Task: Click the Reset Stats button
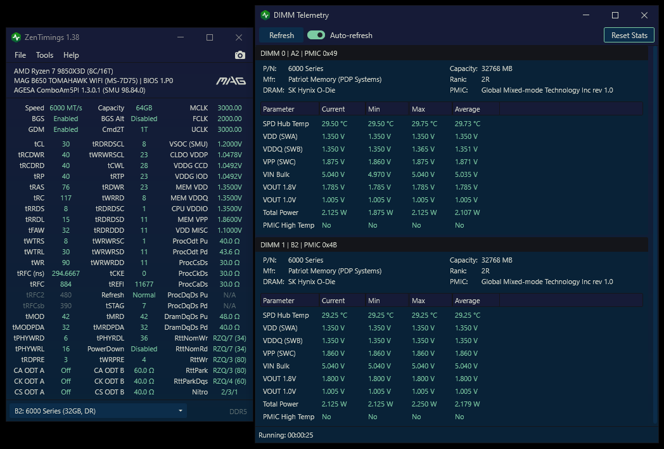pyautogui.click(x=629, y=35)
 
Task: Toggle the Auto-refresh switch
pyautogui.click(x=316, y=35)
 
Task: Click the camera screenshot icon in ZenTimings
pyautogui.click(x=239, y=55)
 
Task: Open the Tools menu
pyautogui.click(x=44, y=55)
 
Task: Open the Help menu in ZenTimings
pyautogui.click(x=71, y=55)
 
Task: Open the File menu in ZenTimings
pyautogui.click(x=20, y=55)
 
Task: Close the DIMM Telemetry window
pyautogui.click(x=644, y=15)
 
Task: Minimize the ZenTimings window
pyautogui.click(x=181, y=37)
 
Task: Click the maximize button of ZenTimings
pyautogui.click(x=210, y=37)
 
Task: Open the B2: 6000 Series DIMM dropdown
pyautogui.click(x=98, y=411)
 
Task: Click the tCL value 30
pyautogui.click(x=66, y=144)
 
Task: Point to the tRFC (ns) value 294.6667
pyautogui.click(x=66, y=273)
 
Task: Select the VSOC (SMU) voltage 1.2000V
pyautogui.click(x=229, y=144)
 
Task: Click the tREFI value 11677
pyautogui.click(x=144, y=284)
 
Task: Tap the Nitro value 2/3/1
pyautogui.click(x=229, y=392)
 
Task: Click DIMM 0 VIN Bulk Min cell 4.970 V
pyautogui.click(x=380, y=174)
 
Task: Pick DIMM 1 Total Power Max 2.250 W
pyautogui.click(x=424, y=404)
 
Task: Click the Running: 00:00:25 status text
pyautogui.click(x=286, y=435)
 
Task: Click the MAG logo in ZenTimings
pyautogui.click(x=231, y=81)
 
